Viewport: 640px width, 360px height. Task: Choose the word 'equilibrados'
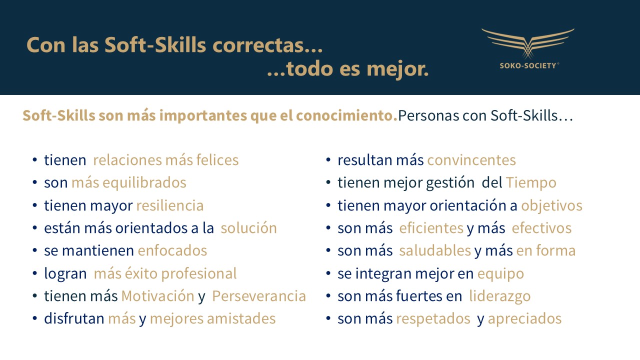(x=144, y=183)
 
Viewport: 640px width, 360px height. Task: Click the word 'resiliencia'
(x=170, y=205)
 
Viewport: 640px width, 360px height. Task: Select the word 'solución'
(x=248, y=228)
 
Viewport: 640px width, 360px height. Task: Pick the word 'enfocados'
(x=172, y=250)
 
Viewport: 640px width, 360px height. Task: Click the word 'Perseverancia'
(x=259, y=296)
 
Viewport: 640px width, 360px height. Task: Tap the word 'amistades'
(x=241, y=318)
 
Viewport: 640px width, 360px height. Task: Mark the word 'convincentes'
(x=471, y=160)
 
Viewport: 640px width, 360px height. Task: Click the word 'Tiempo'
(x=531, y=183)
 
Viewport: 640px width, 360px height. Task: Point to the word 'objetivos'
(x=551, y=206)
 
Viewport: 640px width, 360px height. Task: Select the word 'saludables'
(x=435, y=250)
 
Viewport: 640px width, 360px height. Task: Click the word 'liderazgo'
(x=499, y=296)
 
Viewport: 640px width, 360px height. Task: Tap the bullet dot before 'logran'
(x=35, y=273)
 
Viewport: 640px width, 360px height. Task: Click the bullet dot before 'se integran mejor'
(x=328, y=273)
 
